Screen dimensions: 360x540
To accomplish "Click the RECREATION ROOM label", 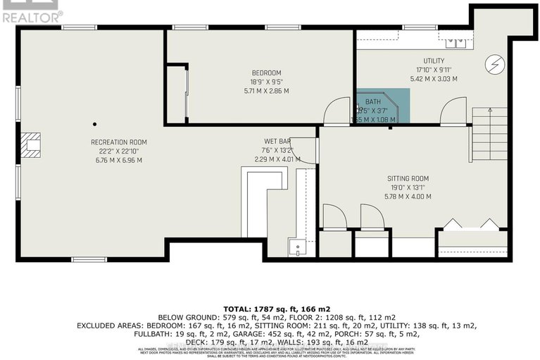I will [x=116, y=142].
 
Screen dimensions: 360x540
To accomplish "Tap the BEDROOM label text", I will [x=266, y=73].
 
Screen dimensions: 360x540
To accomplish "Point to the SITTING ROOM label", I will [x=408, y=178].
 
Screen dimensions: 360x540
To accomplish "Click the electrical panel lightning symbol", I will [x=493, y=65].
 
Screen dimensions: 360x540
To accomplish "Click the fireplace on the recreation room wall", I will [x=31, y=144].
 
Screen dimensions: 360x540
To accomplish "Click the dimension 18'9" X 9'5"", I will [x=266, y=82].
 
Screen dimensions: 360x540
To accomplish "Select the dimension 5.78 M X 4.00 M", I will [x=408, y=196].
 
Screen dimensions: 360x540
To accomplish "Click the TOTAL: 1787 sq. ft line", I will [x=270, y=309].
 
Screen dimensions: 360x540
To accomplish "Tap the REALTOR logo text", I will [x=32, y=13].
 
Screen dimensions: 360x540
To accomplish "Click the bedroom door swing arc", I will [x=335, y=111].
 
